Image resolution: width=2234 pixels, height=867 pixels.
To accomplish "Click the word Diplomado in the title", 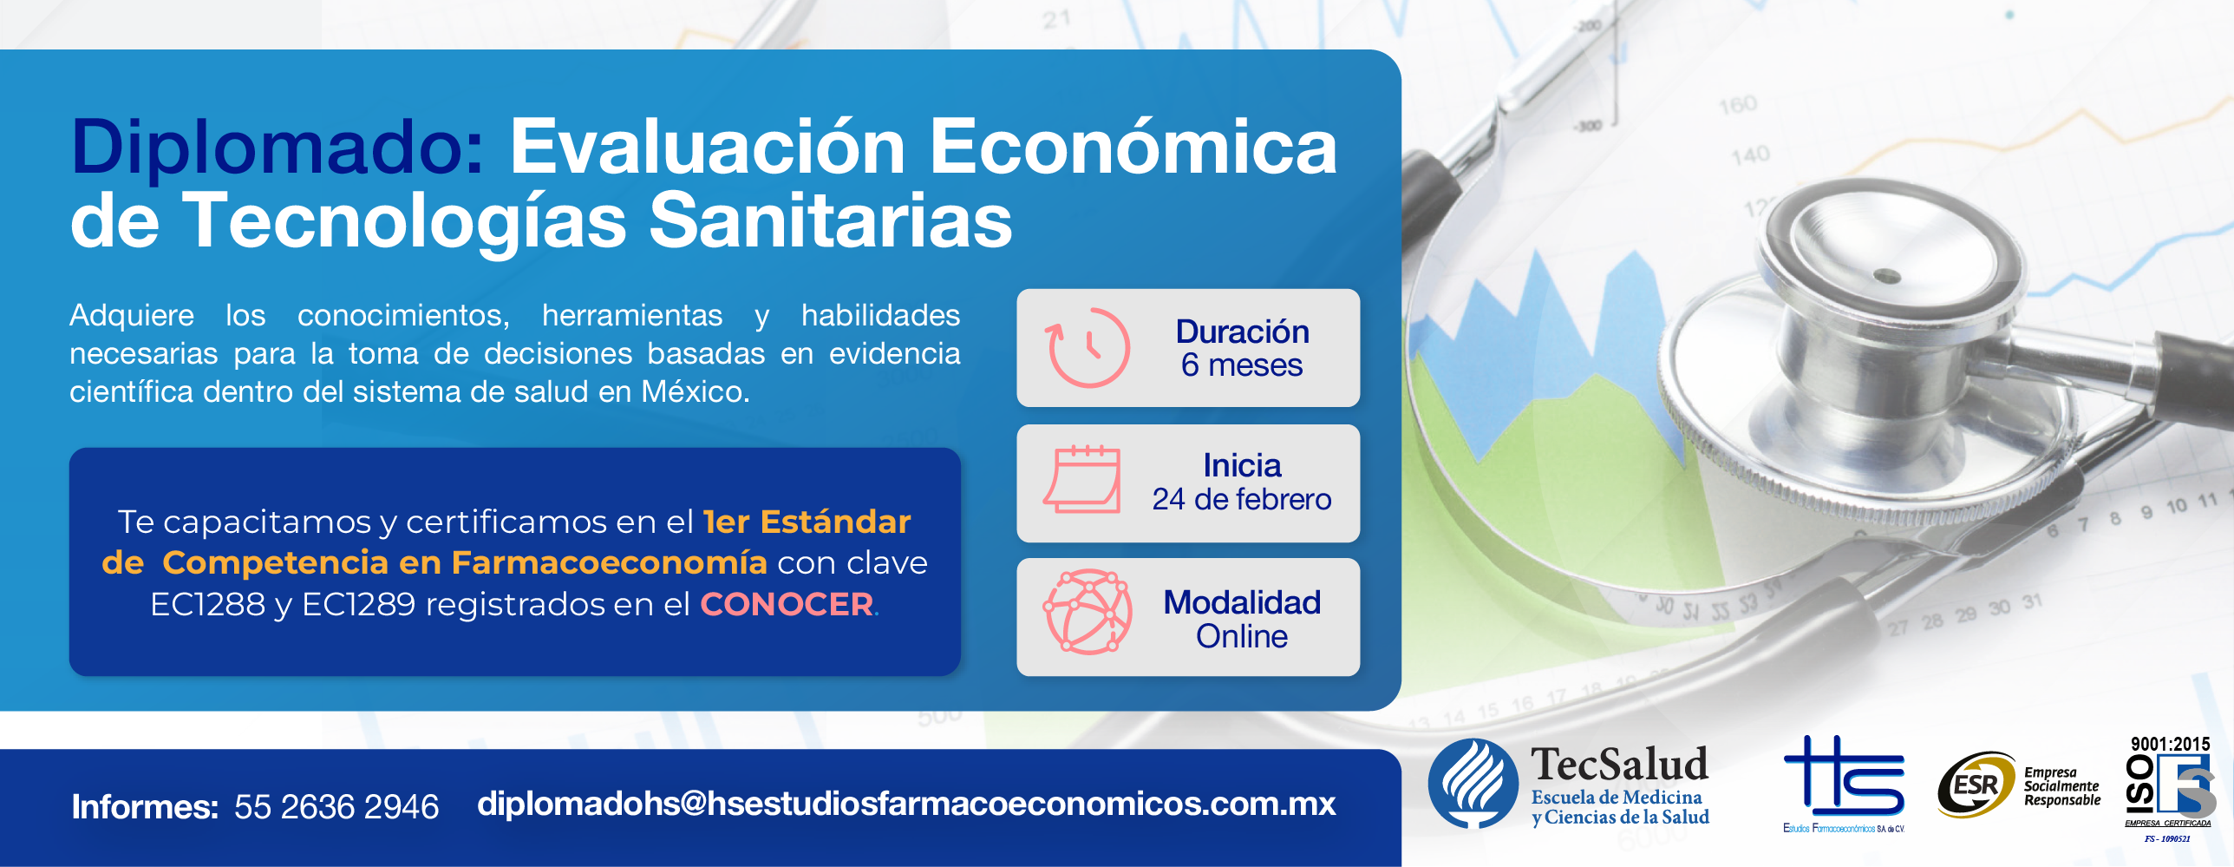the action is click(x=278, y=148).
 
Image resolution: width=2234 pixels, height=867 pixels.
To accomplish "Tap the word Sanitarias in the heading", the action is click(x=831, y=220).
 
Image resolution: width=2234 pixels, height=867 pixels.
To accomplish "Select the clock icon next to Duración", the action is click(x=1088, y=347).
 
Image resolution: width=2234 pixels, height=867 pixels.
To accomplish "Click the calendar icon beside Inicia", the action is click(x=1081, y=479).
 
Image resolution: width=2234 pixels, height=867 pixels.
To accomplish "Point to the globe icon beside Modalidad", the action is click(x=1088, y=612).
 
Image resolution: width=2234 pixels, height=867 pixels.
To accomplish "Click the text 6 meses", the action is click(x=1242, y=365).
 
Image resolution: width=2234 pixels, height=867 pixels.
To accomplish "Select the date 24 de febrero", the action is click(x=1242, y=499).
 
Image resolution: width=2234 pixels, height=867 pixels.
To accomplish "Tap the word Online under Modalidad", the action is click(x=1242, y=636).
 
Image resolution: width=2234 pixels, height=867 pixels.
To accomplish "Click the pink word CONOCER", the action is click(x=787, y=604).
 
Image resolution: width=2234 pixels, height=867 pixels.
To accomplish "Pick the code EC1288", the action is click(x=207, y=604).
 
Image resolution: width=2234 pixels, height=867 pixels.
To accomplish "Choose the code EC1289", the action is click(x=358, y=604).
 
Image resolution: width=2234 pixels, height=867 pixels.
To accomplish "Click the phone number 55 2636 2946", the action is click(x=336, y=807).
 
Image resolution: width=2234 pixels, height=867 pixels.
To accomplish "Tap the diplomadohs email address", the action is click(x=906, y=804).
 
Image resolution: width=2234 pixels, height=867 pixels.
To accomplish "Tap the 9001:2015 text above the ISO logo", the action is click(x=2170, y=744).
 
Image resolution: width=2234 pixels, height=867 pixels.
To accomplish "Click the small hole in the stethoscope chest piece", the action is click(x=1887, y=277).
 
